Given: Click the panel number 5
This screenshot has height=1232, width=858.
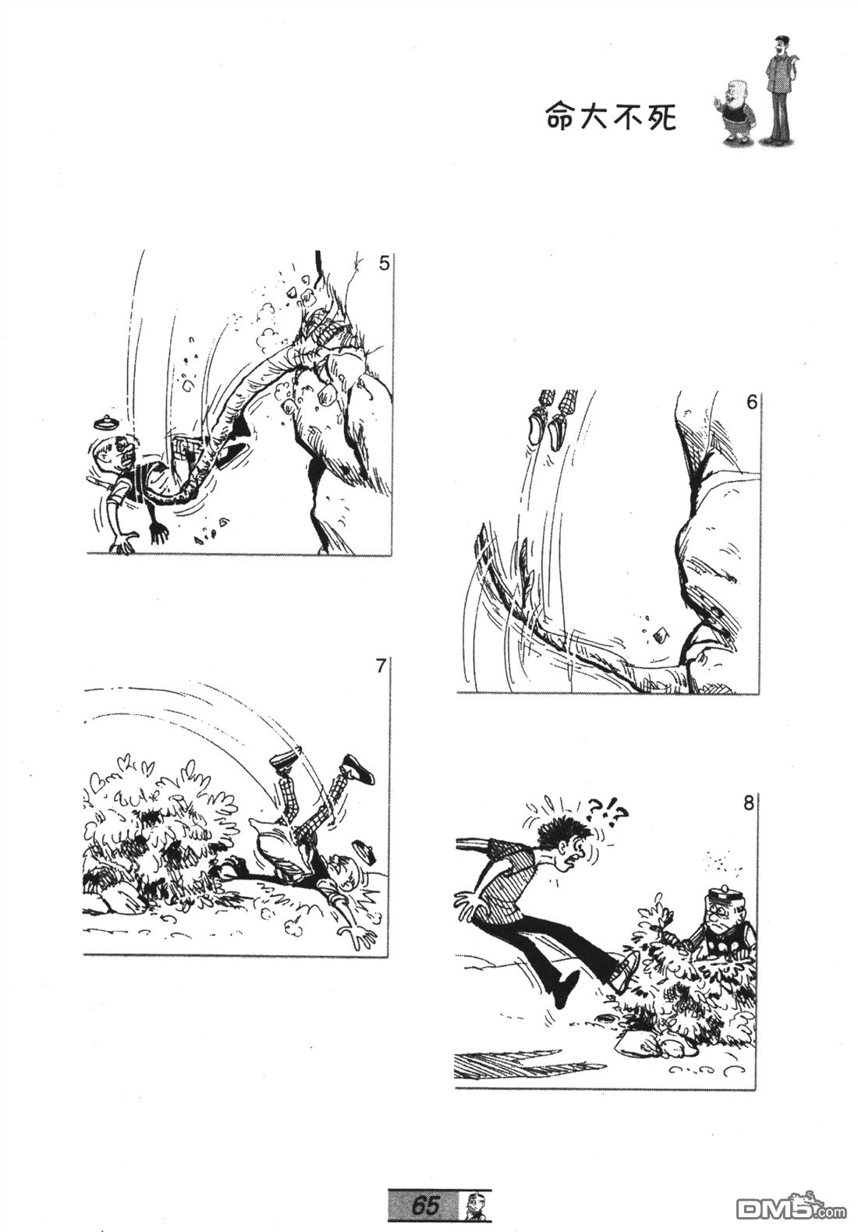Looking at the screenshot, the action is pos(384,264).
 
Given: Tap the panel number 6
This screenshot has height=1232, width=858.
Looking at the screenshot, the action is pos(752,402).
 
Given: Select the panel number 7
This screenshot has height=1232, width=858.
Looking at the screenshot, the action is pos(381,666).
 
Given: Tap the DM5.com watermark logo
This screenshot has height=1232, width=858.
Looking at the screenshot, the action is pos(791,1204).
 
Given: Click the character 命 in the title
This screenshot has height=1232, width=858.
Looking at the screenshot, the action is pos(559,117).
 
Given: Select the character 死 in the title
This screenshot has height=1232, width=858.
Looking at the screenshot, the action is pos(661,117).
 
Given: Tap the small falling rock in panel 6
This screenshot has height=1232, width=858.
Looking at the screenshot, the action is pos(661,635).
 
